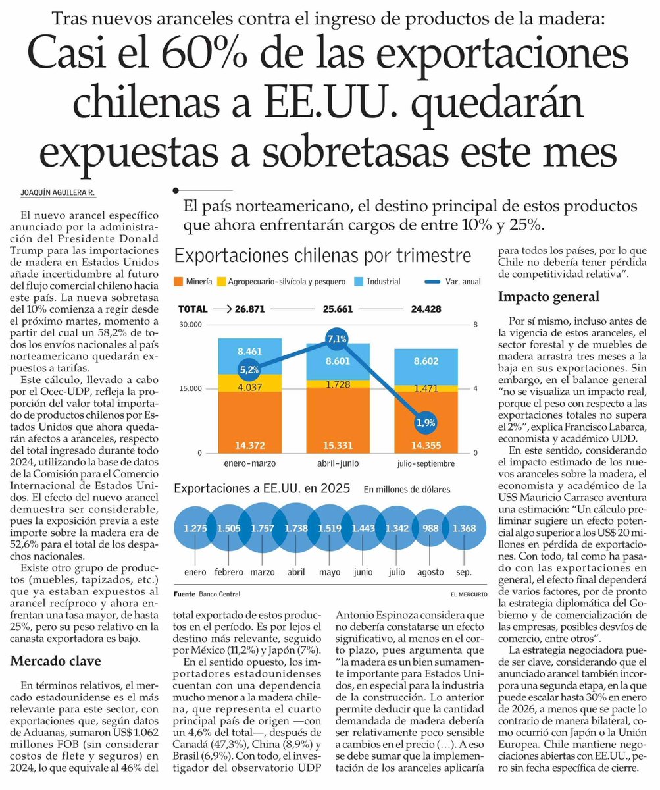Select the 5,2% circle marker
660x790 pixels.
pyautogui.click(x=249, y=370)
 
